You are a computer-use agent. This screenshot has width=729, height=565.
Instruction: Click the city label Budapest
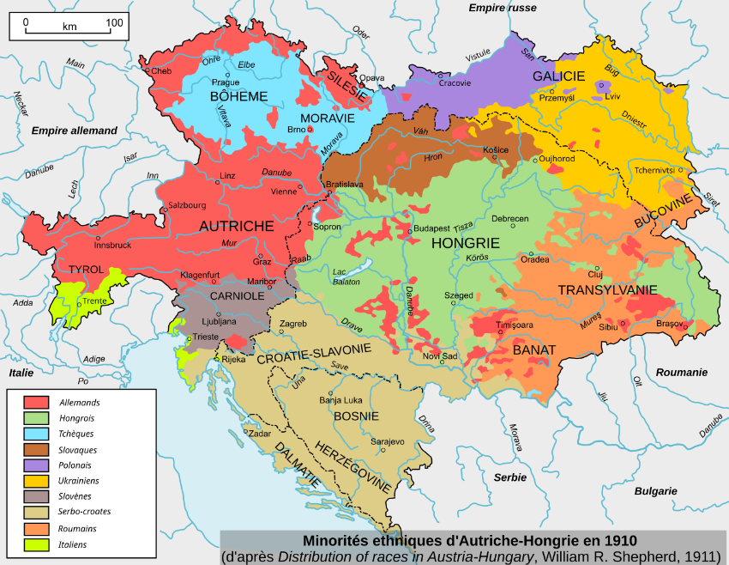(433, 229)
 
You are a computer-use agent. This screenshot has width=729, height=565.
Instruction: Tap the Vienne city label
(283, 191)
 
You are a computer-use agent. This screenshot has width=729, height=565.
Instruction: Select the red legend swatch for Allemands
(35, 402)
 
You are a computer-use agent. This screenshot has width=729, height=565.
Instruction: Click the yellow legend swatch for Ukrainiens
(35, 480)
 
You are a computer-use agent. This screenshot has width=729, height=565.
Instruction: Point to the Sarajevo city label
(388, 441)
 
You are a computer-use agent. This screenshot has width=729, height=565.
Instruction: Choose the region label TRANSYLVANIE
(607, 290)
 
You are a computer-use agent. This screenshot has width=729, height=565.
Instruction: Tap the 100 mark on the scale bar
(113, 21)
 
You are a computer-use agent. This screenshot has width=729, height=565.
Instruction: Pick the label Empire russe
(503, 8)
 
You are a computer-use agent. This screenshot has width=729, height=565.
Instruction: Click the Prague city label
(226, 82)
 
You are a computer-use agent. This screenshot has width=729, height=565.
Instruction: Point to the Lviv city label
(612, 97)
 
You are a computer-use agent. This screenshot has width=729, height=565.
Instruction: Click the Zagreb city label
(293, 324)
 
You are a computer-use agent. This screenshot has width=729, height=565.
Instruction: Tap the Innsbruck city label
(112, 245)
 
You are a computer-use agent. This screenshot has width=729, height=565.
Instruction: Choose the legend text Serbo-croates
(85, 512)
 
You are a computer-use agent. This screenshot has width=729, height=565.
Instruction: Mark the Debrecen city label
(509, 219)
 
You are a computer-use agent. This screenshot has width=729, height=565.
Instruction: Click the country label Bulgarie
(656, 491)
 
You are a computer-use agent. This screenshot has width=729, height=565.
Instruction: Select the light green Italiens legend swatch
(35, 544)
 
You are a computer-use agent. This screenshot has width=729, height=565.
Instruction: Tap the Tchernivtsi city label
(656, 169)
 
